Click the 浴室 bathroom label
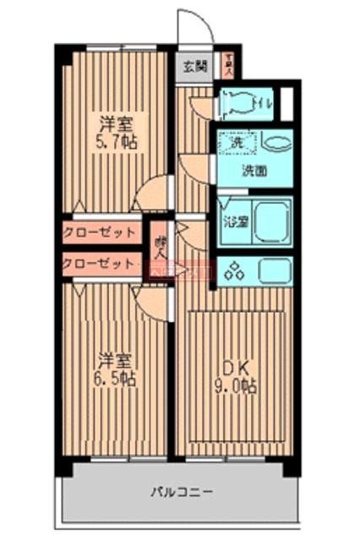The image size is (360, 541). point(233,223)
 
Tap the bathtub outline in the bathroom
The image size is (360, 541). point(271,222)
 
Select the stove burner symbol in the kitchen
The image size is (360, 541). point(235,272)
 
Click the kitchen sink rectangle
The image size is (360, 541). point(274,272)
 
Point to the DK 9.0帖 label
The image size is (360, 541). point(234,375)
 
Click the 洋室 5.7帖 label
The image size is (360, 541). point(114,131)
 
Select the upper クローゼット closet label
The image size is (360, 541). point(100,232)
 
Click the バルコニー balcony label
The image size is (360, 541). point(182,491)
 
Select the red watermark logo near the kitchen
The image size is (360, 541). point(179,273)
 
